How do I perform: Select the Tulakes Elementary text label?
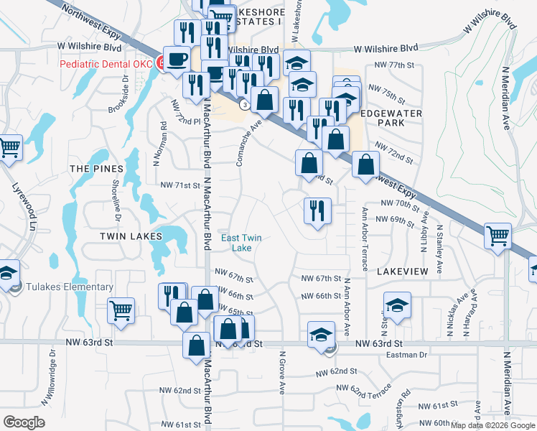coord(70,287)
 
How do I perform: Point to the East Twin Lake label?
coord(241,243)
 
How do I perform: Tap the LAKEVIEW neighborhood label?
coord(401,271)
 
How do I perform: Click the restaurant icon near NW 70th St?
coord(317,211)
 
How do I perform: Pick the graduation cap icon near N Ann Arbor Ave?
coord(321,335)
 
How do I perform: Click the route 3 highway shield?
coord(246,105)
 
